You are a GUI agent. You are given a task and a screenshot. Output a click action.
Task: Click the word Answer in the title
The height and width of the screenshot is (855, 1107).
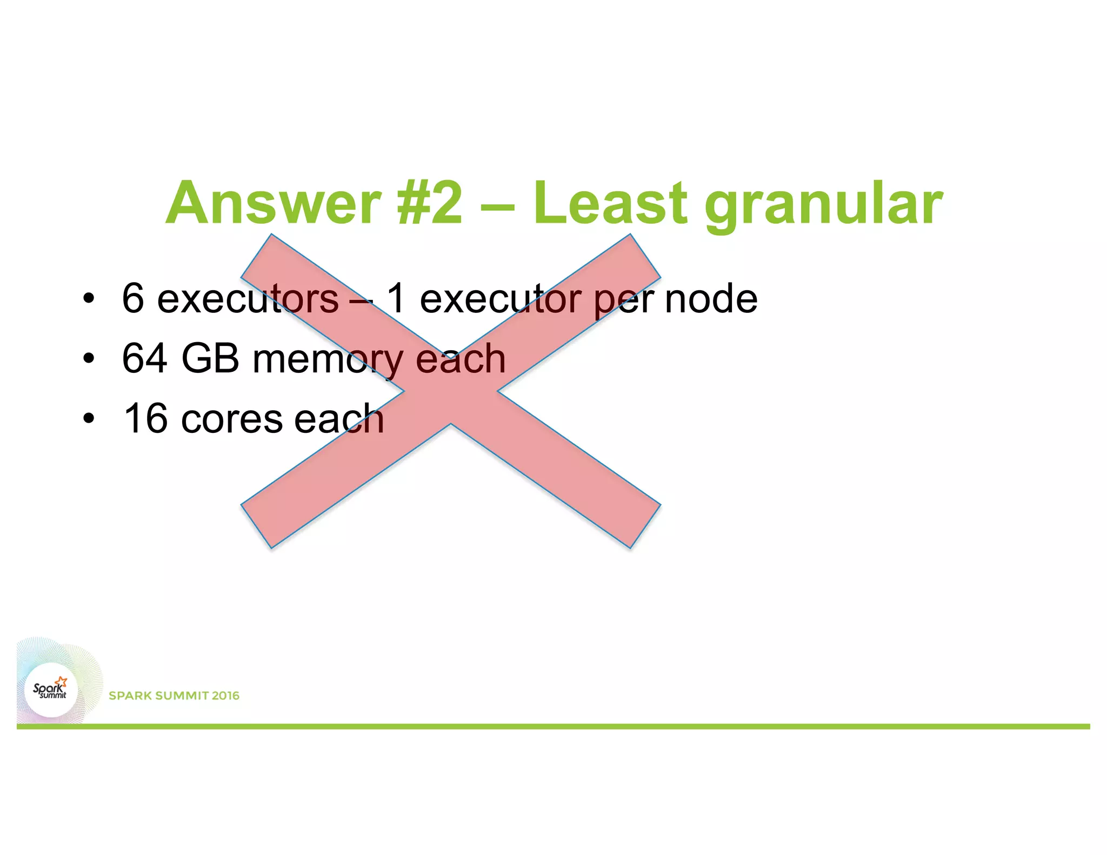(273, 203)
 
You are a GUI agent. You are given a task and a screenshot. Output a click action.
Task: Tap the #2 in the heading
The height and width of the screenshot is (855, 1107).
(430, 203)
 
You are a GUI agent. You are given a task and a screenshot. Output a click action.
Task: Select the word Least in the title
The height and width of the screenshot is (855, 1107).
(610, 203)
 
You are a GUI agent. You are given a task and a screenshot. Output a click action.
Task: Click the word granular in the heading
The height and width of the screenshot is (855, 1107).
(824, 205)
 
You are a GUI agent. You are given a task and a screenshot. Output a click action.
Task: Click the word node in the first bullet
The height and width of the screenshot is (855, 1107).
(711, 299)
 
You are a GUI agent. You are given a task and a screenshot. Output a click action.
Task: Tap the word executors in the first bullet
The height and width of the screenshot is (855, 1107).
(248, 299)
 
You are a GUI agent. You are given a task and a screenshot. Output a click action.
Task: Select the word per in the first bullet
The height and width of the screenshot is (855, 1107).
(624, 302)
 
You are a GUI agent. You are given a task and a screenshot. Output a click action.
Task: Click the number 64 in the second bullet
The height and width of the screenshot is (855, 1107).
(144, 358)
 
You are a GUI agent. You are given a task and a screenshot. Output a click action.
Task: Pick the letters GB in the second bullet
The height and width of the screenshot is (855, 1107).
(210, 358)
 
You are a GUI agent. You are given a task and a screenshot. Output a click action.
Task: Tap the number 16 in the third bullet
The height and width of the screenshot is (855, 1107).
(145, 418)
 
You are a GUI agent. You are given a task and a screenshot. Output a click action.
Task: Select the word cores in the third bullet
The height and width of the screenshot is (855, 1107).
(232, 419)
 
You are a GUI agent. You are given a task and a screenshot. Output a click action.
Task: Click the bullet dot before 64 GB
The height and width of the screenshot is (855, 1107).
(89, 358)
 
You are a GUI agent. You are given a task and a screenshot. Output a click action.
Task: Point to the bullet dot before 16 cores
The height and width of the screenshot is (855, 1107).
(89, 418)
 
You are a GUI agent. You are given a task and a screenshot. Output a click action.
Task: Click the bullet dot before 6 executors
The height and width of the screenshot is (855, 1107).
(89, 298)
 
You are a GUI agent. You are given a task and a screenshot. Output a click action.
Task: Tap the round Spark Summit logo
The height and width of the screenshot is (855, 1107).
(51, 690)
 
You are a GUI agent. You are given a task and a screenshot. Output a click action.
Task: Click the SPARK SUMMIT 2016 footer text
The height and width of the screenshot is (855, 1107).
(174, 696)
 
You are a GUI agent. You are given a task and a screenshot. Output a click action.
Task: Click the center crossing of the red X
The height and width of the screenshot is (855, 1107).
(450, 391)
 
